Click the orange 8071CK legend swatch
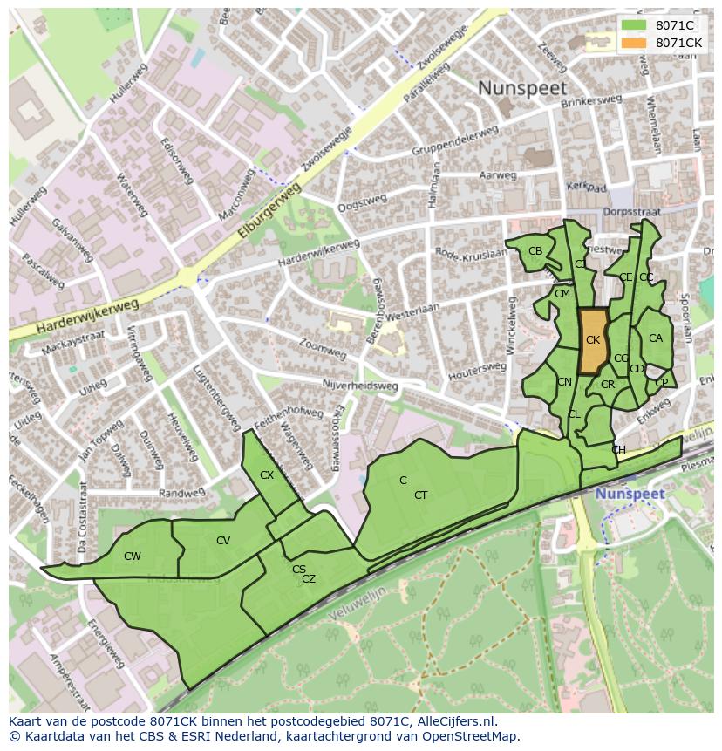click(634, 43)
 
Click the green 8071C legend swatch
click(634, 25)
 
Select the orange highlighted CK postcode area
click(593, 341)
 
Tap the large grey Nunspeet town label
click(521, 88)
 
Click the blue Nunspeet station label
click(630, 494)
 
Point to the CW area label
click(133, 556)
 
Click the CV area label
click(223, 541)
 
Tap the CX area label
click(267, 475)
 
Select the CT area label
click(421, 495)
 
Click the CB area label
click(535, 251)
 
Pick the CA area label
click(655, 338)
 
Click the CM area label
click(562, 294)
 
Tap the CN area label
click(564, 382)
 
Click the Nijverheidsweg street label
click(359, 386)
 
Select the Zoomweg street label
click(322, 349)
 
